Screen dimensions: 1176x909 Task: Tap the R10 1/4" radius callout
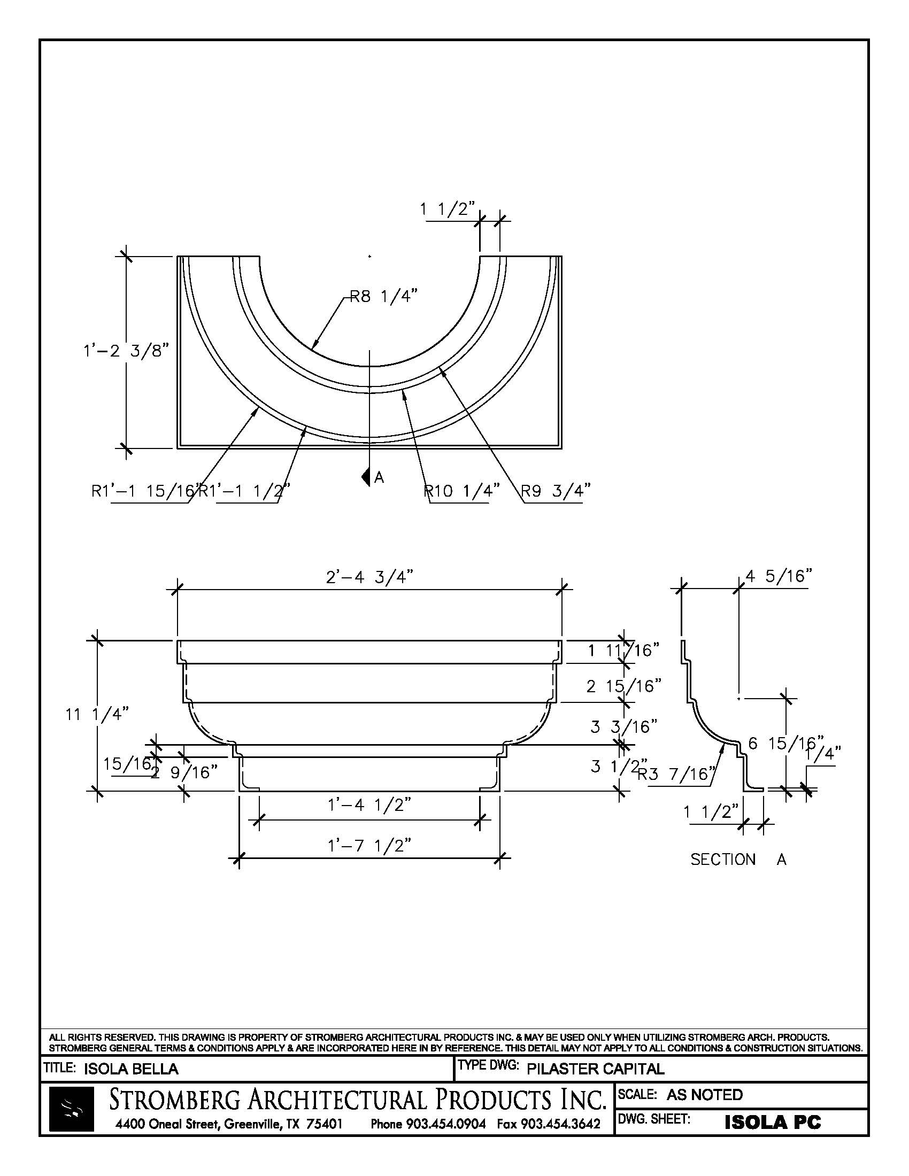[x=462, y=490]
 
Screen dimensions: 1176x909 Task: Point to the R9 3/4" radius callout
[x=555, y=490]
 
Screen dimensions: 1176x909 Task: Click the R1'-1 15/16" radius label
[x=144, y=491]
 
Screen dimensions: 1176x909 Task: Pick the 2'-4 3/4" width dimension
[x=370, y=577]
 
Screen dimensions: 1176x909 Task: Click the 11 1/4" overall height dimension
[x=97, y=715]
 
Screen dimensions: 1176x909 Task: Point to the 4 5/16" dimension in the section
[x=778, y=577]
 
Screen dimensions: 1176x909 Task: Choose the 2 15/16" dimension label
[x=623, y=686]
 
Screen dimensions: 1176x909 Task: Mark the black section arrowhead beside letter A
[x=367, y=476]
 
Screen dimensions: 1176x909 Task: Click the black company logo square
[x=71, y=1109]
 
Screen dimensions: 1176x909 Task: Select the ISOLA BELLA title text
[x=131, y=1069]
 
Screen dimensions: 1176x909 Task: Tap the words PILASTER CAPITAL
[x=595, y=1069]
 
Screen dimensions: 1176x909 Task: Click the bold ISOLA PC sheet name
[x=773, y=1123]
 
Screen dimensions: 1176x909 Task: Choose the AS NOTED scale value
[x=704, y=1095]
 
